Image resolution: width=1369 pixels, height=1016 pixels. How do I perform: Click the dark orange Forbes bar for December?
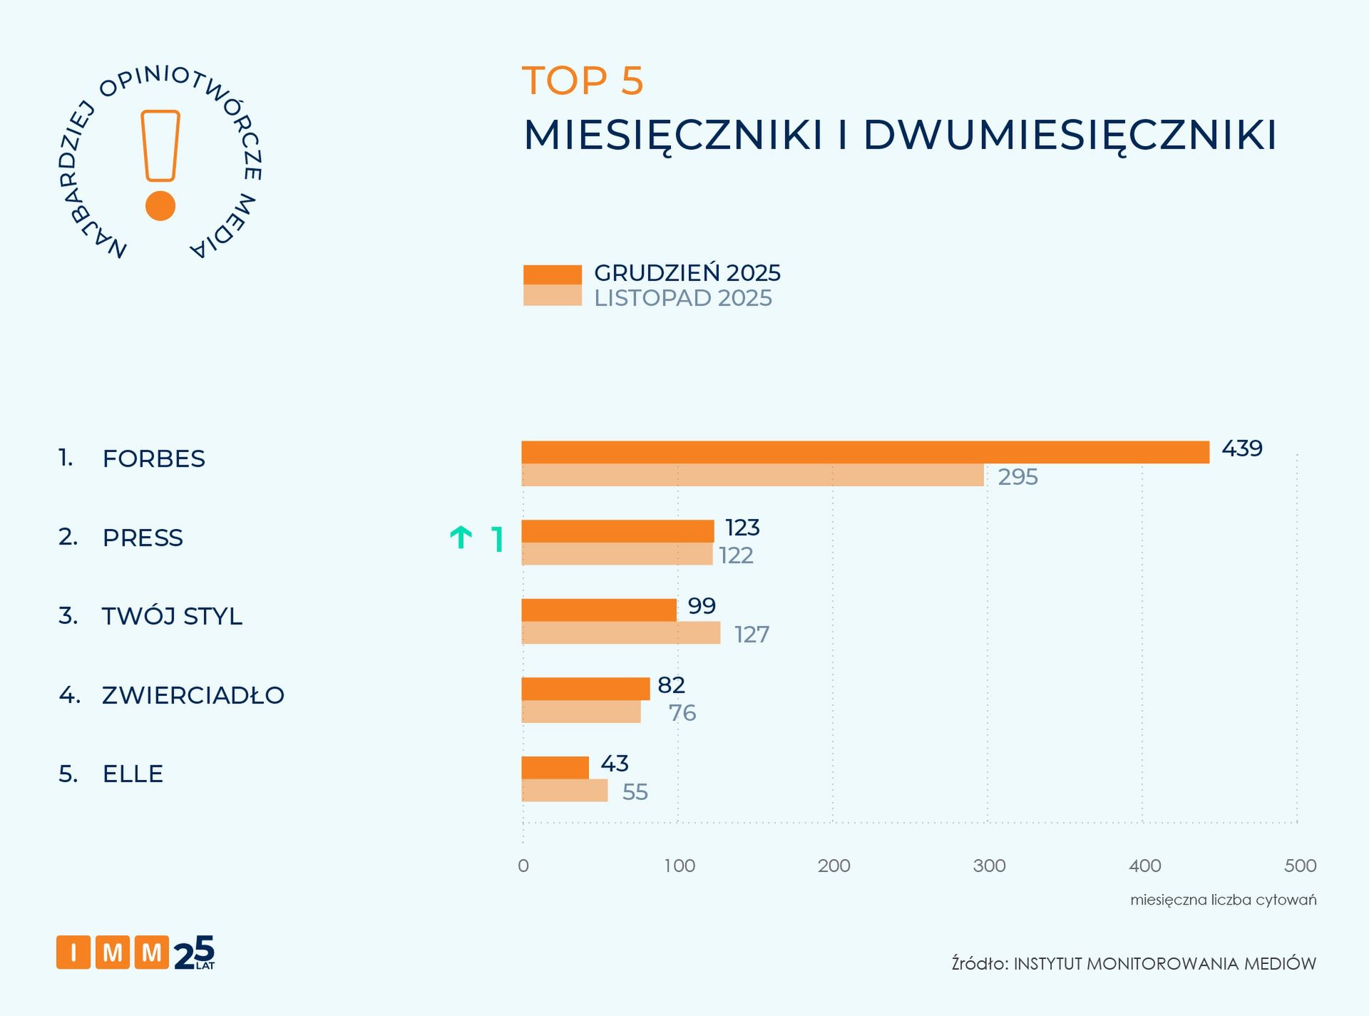tap(865, 452)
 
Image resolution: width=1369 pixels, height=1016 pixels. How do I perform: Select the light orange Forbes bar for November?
tap(752, 476)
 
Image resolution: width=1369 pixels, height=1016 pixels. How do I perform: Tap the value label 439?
tap(1241, 448)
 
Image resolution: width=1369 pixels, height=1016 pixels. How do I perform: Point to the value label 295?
tap(1017, 476)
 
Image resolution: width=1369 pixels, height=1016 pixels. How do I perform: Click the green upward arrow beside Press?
tap(461, 537)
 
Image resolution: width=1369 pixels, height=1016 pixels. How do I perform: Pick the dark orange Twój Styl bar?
tap(599, 610)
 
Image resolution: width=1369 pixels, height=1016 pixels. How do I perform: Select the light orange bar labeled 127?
tap(620, 633)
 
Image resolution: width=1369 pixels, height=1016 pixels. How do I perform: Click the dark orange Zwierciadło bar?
tap(585, 689)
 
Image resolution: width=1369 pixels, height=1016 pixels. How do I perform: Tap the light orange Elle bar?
tap(565, 791)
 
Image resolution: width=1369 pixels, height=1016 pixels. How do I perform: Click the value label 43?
tap(614, 764)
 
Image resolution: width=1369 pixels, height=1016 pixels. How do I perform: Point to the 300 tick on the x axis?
tap(989, 866)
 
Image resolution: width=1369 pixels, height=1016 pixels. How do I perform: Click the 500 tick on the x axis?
tap(1300, 866)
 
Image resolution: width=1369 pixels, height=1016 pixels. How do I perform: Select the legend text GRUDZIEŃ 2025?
tap(687, 273)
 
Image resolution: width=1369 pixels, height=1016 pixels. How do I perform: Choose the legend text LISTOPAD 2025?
tap(682, 298)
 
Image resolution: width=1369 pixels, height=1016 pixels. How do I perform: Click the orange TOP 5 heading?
tap(583, 81)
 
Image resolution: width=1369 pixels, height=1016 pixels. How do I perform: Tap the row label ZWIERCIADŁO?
tap(193, 695)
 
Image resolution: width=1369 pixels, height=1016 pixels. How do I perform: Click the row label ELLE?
tap(133, 774)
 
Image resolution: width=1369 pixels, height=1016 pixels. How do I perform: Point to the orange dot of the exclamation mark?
tap(160, 206)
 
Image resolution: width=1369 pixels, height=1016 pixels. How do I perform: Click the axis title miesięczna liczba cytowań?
tap(1223, 900)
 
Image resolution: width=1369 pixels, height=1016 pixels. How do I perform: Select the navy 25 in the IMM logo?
tap(194, 953)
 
